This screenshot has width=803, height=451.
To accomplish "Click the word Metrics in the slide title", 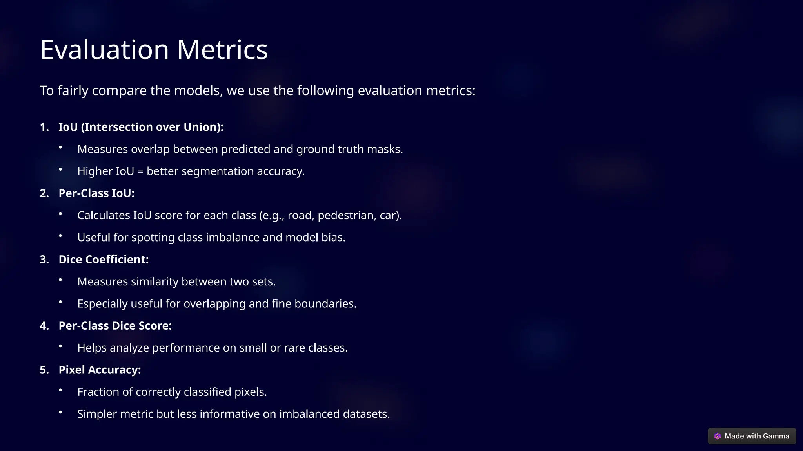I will tap(222, 50).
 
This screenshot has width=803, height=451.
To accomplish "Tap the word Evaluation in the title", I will tap(105, 50).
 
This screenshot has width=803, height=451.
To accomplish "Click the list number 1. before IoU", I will tap(44, 127).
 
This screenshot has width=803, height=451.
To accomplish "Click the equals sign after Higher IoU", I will tap(140, 171).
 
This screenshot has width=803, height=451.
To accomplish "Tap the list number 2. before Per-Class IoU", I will tap(44, 193).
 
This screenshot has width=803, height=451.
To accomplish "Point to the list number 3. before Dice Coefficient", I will tap(44, 260).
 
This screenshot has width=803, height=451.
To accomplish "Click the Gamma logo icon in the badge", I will tap(718, 436).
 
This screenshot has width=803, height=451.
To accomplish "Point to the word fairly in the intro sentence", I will tap(73, 91).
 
